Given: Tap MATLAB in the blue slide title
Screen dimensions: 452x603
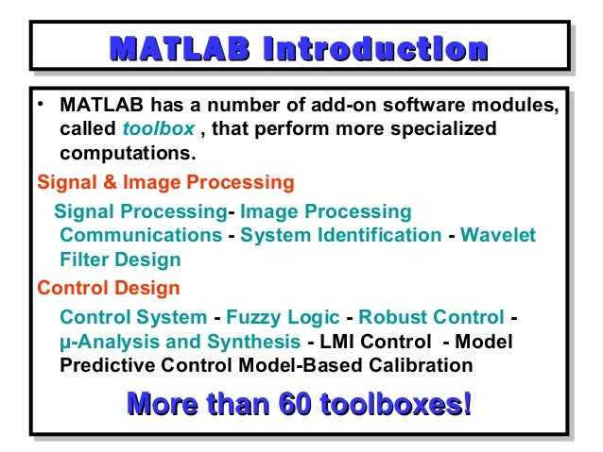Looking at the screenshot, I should (x=179, y=48).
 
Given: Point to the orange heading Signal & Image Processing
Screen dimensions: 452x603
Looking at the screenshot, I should (x=165, y=182).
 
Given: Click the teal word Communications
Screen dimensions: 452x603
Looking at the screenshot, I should (x=141, y=235).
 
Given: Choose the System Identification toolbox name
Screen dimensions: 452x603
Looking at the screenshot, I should (x=340, y=235).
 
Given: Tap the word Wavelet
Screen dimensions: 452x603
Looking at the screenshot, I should (x=498, y=235).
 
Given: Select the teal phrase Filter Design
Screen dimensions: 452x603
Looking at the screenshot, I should (x=120, y=259).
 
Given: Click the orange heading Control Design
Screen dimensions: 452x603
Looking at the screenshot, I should (x=108, y=287).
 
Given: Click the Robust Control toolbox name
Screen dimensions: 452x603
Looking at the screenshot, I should (x=431, y=317).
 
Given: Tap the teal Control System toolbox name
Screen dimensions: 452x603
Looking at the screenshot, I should (x=133, y=317).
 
